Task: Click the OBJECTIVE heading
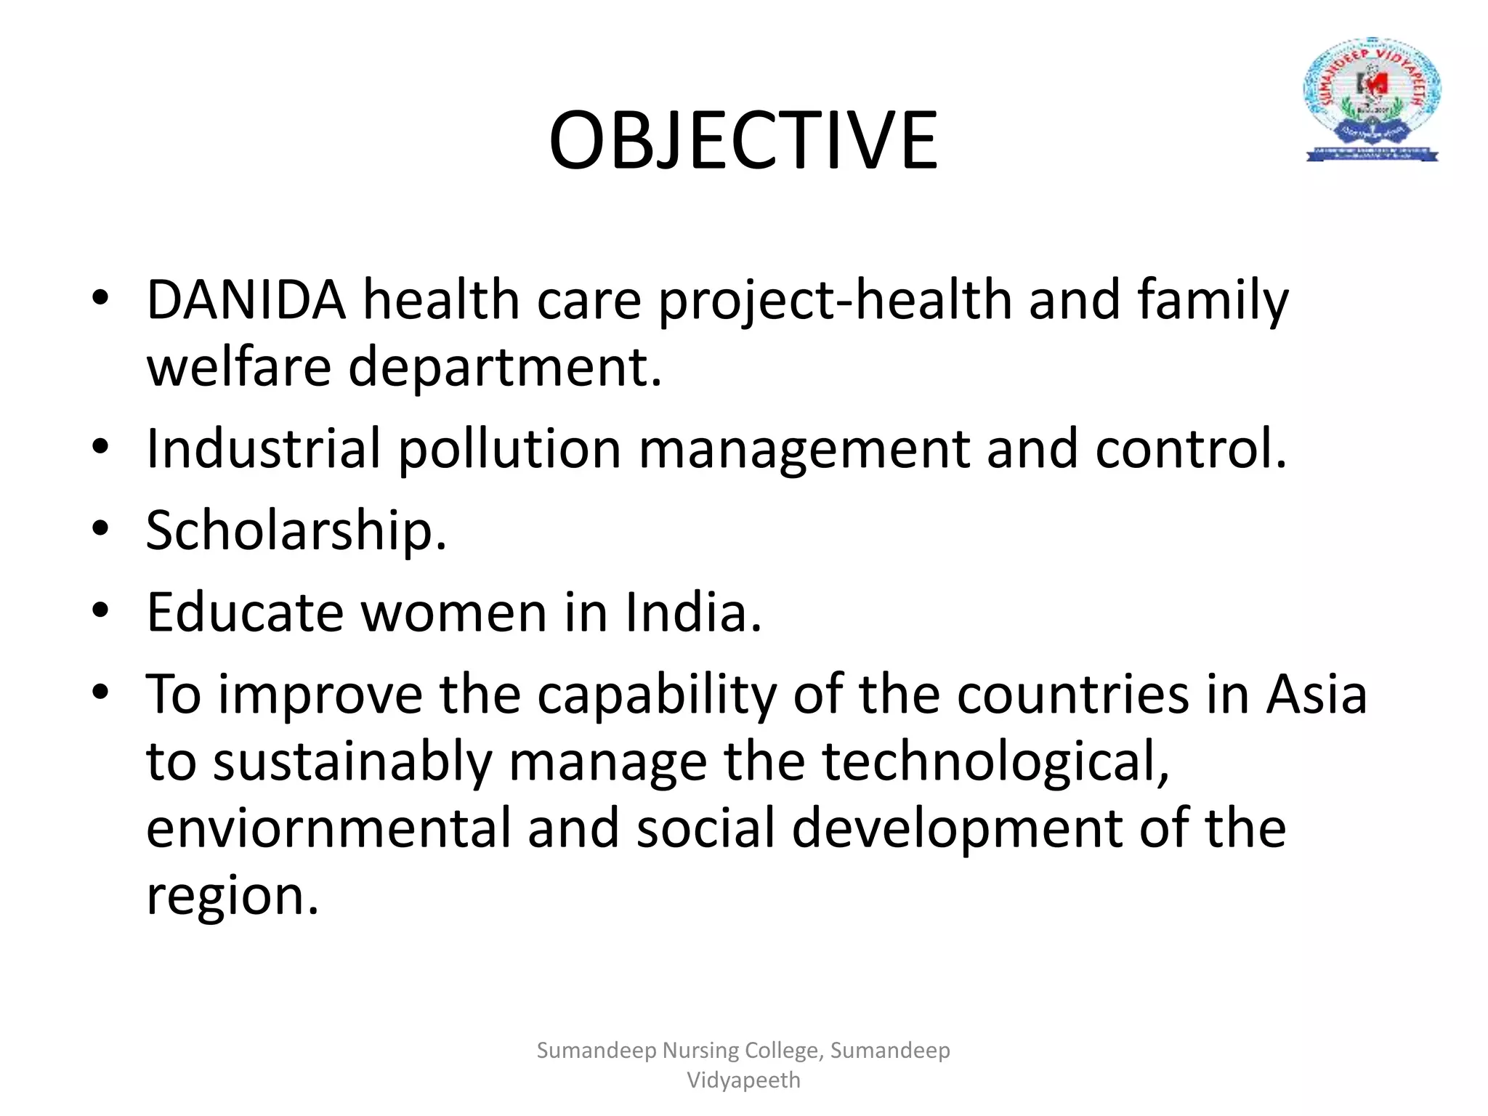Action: pos(743,140)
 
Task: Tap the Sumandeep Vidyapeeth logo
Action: pos(1372,100)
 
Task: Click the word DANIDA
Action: pos(246,299)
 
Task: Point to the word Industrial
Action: pos(263,448)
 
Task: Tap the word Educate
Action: pos(244,612)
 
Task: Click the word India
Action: pos(693,612)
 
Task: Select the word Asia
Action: pos(1316,695)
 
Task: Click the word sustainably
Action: pos(352,763)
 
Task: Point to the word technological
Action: pos(995,763)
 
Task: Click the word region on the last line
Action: pos(232,897)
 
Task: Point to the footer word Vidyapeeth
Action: pos(743,1080)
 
